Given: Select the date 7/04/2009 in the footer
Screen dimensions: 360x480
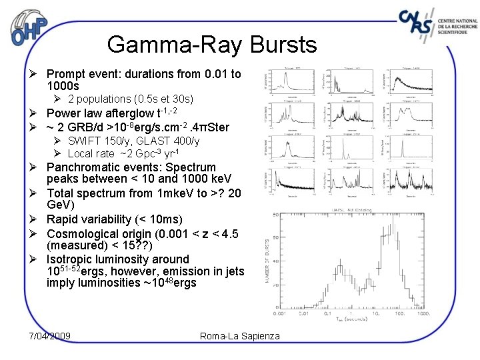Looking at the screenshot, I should (50, 335).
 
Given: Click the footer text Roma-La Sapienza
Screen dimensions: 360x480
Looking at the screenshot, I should (240, 335).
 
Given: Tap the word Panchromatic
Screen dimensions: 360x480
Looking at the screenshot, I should (80, 167).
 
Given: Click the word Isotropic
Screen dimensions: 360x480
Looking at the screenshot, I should (70, 259).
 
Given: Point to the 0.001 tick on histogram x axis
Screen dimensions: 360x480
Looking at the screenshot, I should (279, 313).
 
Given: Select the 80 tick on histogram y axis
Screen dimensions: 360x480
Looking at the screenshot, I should (275, 215).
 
